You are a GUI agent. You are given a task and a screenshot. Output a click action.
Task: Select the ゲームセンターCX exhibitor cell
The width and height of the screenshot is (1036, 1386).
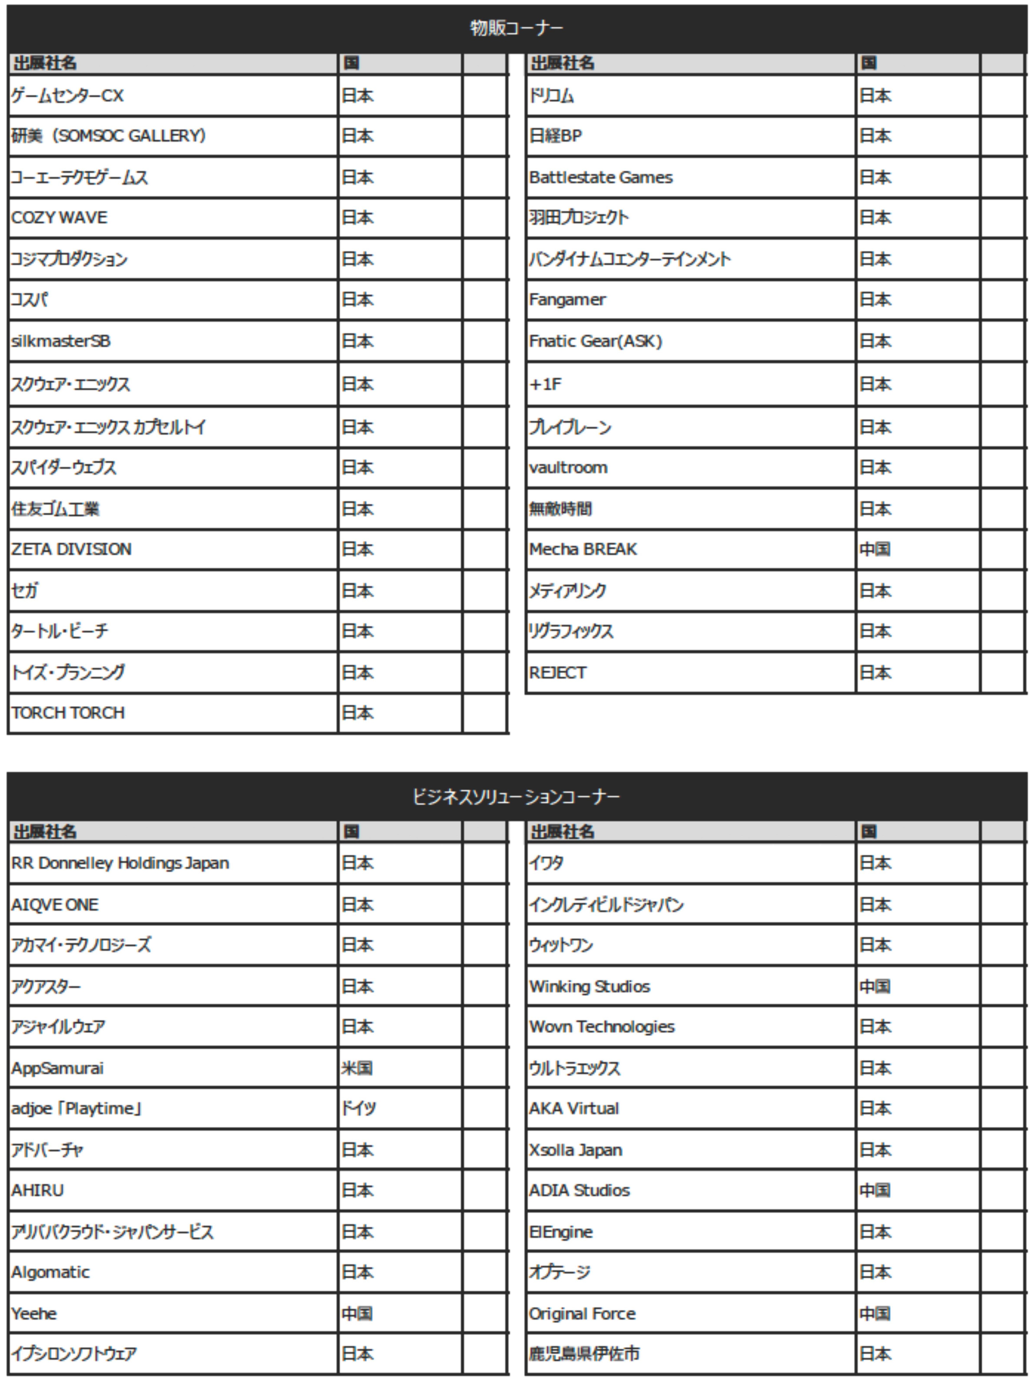(68, 96)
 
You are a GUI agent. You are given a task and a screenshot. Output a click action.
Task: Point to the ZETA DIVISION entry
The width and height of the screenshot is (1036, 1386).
(71, 549)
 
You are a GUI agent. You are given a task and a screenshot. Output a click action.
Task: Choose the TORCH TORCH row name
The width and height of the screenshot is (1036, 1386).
(68, 713)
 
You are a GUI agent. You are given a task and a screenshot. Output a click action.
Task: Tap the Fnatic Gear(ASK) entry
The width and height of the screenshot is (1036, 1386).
(595, 341)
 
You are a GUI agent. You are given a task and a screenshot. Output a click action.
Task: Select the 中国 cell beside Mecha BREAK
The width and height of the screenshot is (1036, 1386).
(875, 549)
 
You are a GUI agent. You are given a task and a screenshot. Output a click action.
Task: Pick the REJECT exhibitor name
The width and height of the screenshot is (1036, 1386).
(557, 673)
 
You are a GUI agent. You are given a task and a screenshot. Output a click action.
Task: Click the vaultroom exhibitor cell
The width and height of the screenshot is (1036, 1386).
(568, 467)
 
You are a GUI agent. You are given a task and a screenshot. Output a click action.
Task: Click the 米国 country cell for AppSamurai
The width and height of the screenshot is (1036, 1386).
(357, 1068)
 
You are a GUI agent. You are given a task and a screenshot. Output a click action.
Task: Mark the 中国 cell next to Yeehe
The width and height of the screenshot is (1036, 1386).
(357, 1313)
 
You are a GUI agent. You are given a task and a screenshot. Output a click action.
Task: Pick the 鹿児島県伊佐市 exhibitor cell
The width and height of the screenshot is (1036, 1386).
(584, 1354)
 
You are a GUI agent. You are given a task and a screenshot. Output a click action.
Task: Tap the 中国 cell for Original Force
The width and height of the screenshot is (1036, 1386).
(875, 1313)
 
